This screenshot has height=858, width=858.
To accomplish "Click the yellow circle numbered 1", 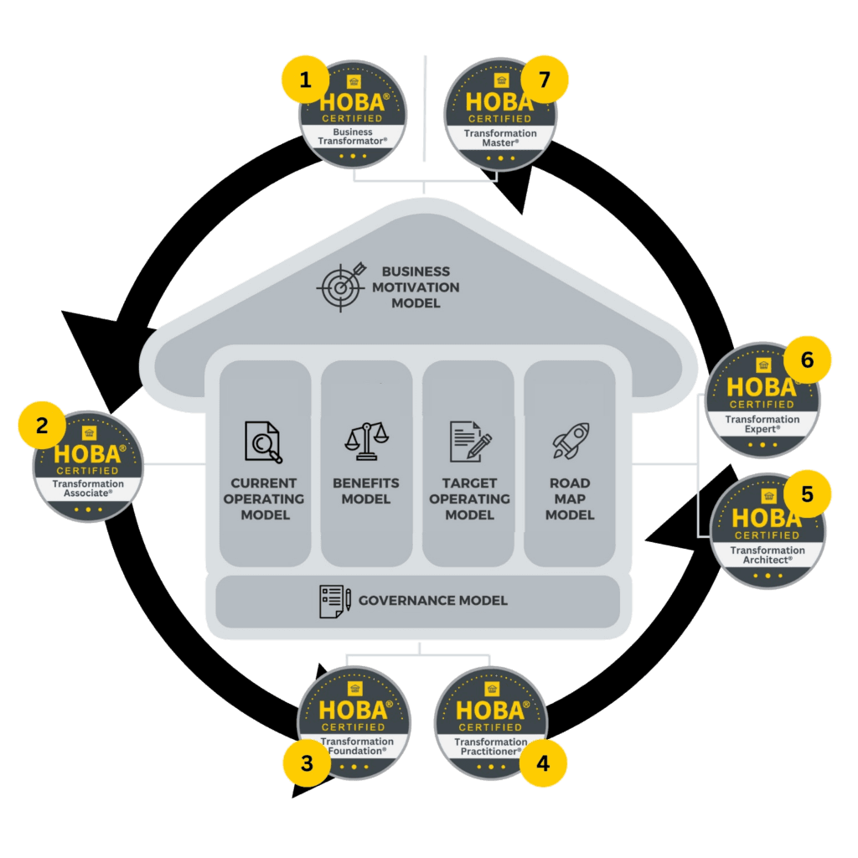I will tap(305, 80).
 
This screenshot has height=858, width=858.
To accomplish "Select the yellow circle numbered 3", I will tap(307, 763).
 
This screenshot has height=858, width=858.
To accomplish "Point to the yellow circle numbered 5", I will tap(807, 494).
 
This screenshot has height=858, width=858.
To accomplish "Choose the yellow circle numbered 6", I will tap(807, 360).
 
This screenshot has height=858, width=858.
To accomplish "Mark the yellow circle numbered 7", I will tap(545, 80).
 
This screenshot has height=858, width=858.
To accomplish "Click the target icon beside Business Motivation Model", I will tap(340, 286).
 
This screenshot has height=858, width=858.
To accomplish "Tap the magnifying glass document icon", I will tap(263, 442).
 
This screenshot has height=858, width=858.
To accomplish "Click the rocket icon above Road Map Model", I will tap(570, 441).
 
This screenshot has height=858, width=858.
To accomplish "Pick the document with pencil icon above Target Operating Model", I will tap(469, 442).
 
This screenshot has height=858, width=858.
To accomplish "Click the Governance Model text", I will tap(432, 601).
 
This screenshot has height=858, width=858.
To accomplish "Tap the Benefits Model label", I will tap(366, 491).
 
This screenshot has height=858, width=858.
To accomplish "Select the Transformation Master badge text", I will tap(501, 138).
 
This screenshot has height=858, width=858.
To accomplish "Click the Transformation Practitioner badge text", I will tap(490, 747).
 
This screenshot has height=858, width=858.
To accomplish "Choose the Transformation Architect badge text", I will tap(767, 555).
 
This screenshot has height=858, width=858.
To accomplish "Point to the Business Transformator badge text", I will tap(353, 137).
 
